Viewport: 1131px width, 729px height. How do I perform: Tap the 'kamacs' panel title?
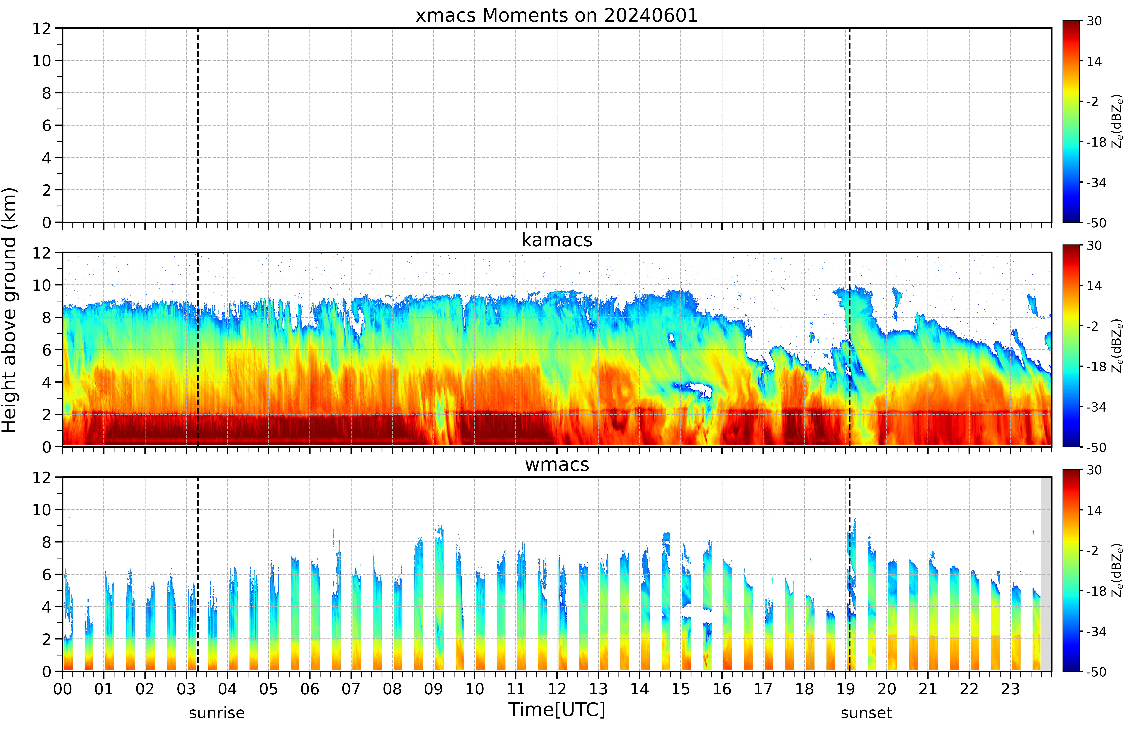(x=557, y=240)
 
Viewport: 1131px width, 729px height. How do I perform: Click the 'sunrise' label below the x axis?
(x=217, y=713)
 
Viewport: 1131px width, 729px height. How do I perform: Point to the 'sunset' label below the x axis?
(x=866, y=713)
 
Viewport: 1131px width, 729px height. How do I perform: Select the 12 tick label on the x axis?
(x=557, y=689)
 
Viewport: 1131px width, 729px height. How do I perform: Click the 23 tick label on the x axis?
(x=1010, y=689)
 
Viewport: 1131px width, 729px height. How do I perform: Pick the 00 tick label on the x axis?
(x=62, y=689)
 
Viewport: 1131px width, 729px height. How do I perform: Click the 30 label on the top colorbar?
(x=1094, y=21)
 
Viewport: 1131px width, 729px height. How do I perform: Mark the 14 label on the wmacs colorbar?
(x=1094, y=510)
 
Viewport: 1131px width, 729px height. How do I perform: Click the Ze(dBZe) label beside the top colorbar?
(x=1117, y=122)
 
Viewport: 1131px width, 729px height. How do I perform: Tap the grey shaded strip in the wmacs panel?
(x=1046, y=574)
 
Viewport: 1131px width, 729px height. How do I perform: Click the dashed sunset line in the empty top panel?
(x=850, y=125)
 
